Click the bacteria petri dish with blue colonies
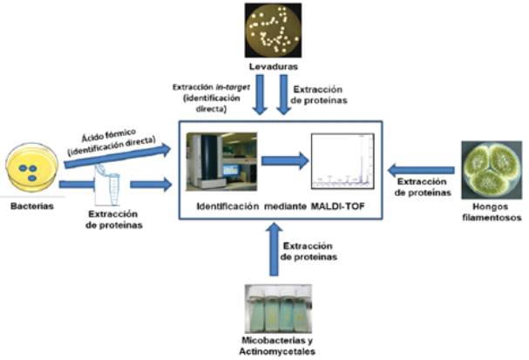pos(31,169)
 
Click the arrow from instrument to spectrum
pos(284,160)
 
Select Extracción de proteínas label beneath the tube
pos(116,217)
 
